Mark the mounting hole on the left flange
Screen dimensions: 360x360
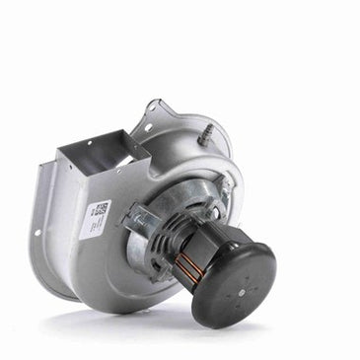(x=39, y=233)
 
